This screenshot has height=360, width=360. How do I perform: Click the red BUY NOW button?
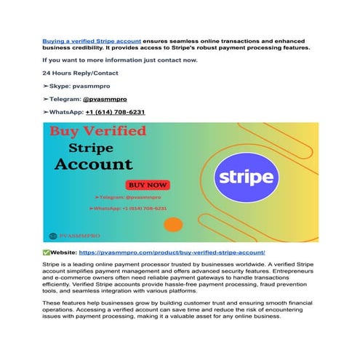[x=147, y=185]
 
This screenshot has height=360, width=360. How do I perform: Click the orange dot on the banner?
[x=173, y=224]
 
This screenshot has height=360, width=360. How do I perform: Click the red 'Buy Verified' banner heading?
[x=97, y=132]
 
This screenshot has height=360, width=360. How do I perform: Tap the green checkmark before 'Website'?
[x=47, y=251]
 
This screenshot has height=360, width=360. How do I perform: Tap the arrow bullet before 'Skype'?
[x=46, y=86]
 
